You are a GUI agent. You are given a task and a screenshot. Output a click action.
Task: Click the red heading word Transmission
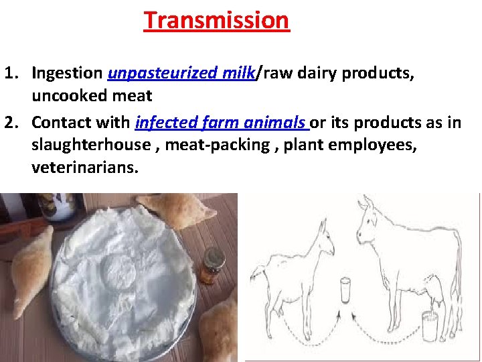pyautogui.click(x=216, y=20)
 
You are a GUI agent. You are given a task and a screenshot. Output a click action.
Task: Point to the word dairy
pyautogui.click(x=315, y=72)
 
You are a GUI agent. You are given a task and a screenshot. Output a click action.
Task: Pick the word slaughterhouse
pyautogui.click(x=91, y=145)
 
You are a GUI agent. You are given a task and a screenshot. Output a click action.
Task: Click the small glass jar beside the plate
pyautogui.click(x=214, y=265)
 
